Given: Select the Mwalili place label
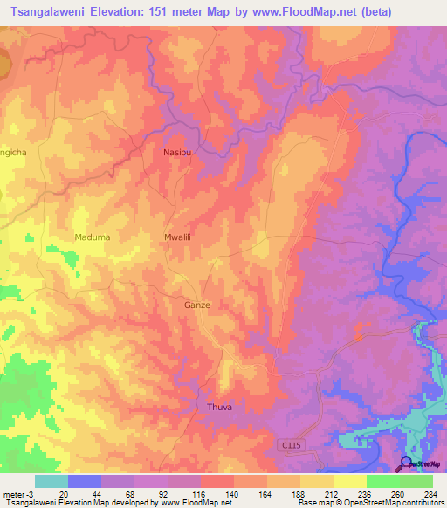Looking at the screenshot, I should point(178,237).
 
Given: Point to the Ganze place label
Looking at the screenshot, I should point(197,305).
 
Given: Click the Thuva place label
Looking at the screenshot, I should point(219,408).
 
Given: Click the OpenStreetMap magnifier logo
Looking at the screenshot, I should point(406,463).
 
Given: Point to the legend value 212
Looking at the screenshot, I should point(319,493).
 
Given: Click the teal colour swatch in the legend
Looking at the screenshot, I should point(52,481).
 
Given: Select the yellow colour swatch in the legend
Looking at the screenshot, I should point(349,481).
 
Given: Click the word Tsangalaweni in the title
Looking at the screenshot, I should point(52,12).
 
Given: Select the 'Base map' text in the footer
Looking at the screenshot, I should point(313,503).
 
